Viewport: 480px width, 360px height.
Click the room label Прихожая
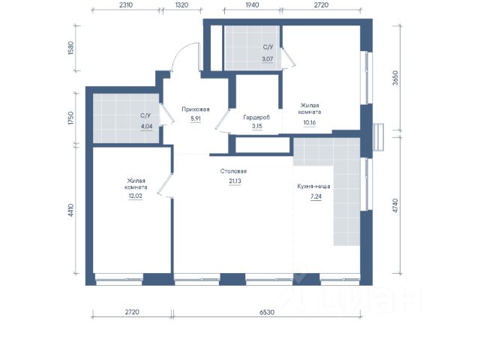pos(195,109)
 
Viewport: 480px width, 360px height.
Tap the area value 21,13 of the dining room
pos(235,181)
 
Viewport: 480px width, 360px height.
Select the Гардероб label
pos(256,117)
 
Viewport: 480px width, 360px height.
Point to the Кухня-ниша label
pos(313,186)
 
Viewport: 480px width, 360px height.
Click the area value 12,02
pos(135,196)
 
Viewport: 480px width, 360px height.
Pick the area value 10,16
pos(310,123)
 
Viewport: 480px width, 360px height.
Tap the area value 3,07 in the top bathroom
pos(267,58)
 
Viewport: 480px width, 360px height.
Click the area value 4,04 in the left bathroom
pos(146,126)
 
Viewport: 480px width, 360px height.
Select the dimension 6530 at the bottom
pos(267,312)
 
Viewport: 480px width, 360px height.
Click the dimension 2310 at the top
pos(125,5)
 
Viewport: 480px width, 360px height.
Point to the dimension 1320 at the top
pos(181,5)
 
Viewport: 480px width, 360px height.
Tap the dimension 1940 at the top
pos(252,5)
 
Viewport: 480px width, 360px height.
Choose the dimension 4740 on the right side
pos(395,205)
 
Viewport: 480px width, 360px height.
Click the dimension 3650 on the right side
pos(395,77)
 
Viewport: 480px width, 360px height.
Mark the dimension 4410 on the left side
pos(70,210)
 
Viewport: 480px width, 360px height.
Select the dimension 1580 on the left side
pos(70,48)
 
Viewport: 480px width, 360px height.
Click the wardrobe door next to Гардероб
pos(222,120)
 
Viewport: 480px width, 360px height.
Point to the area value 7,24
pos(316,196)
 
